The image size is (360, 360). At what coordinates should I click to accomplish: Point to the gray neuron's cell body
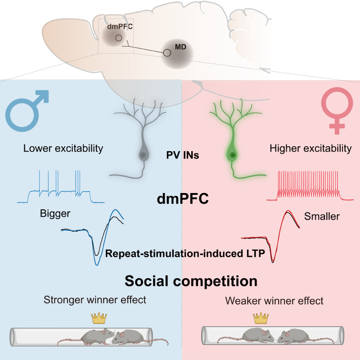(142, 154)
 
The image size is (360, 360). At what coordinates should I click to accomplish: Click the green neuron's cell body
(232, 155)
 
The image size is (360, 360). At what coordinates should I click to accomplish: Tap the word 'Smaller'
(322, 216)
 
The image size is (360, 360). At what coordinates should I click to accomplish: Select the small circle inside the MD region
(167, 53)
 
